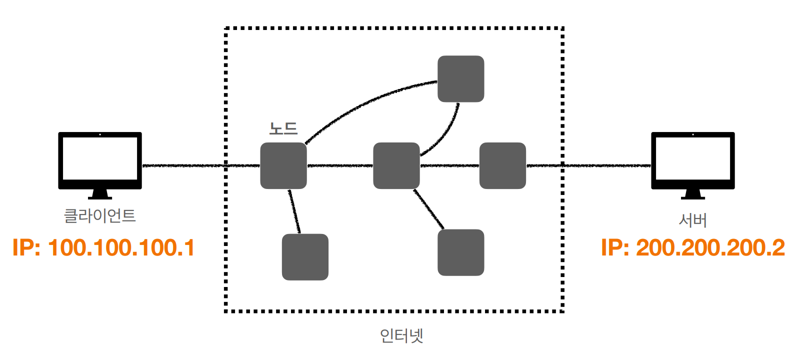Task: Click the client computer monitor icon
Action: point(100,160)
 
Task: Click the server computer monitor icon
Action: point(692,160)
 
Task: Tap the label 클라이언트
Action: point(100,216)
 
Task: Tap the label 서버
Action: point(692,220)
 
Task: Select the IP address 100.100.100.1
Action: point(103,248)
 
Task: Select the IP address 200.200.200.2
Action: point(693,248)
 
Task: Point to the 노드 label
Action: point(283,129)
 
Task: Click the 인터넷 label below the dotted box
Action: point(401,335)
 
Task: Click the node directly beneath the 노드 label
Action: point(283,165)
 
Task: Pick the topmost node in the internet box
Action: point(460,79)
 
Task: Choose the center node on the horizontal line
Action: point(396,165)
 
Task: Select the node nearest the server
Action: point(502,165)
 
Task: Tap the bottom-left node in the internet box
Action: point(305,257)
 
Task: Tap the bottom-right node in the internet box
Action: point(460,252)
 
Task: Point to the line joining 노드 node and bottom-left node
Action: point(294,211)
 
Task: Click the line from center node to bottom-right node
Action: point(429,209)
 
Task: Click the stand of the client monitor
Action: point(100,194)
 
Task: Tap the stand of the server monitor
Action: point(692,194)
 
